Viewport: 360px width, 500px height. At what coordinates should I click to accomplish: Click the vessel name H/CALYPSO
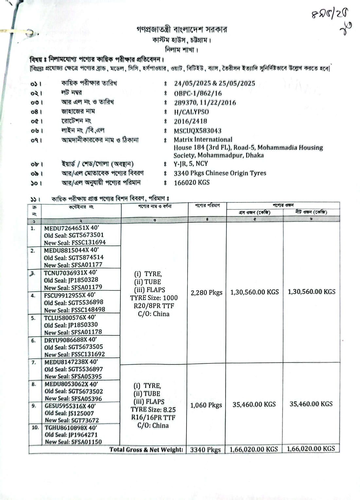[x=191, y=112]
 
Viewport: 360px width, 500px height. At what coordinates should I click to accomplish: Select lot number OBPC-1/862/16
[x=198, y=93]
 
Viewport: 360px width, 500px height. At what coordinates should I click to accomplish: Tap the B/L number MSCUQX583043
[x=197, y=131]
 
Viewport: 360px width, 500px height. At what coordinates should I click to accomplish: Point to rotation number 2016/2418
[x=190, y=121]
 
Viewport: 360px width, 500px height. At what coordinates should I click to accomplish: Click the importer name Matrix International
[x=203, y=139]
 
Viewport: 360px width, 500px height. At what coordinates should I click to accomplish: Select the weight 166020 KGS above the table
[x=191, y=182]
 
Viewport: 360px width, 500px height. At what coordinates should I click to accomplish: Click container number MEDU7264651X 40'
[x=72, y=228]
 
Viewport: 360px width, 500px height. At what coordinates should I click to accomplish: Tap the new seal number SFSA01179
[x=86, y=287]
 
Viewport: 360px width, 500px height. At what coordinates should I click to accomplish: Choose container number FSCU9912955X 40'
[x=70, y=295]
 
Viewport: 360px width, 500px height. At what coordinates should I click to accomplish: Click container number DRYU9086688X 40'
[x=70, y=340]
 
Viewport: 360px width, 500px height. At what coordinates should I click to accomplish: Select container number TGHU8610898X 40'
[x=71, y=428]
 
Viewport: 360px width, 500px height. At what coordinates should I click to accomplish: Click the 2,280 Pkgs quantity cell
[x=206, y=292]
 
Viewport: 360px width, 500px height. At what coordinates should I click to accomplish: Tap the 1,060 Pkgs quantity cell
[x=206, y=405]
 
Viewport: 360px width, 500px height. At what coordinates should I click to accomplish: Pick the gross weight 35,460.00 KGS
[x=254, y=404]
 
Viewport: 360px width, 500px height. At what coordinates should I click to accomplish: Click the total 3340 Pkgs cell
[x=205, y=450]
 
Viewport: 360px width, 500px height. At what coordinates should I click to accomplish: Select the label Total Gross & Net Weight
[x=146, y=450]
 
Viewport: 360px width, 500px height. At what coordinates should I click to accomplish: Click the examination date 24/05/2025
[x=192, y=83]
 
